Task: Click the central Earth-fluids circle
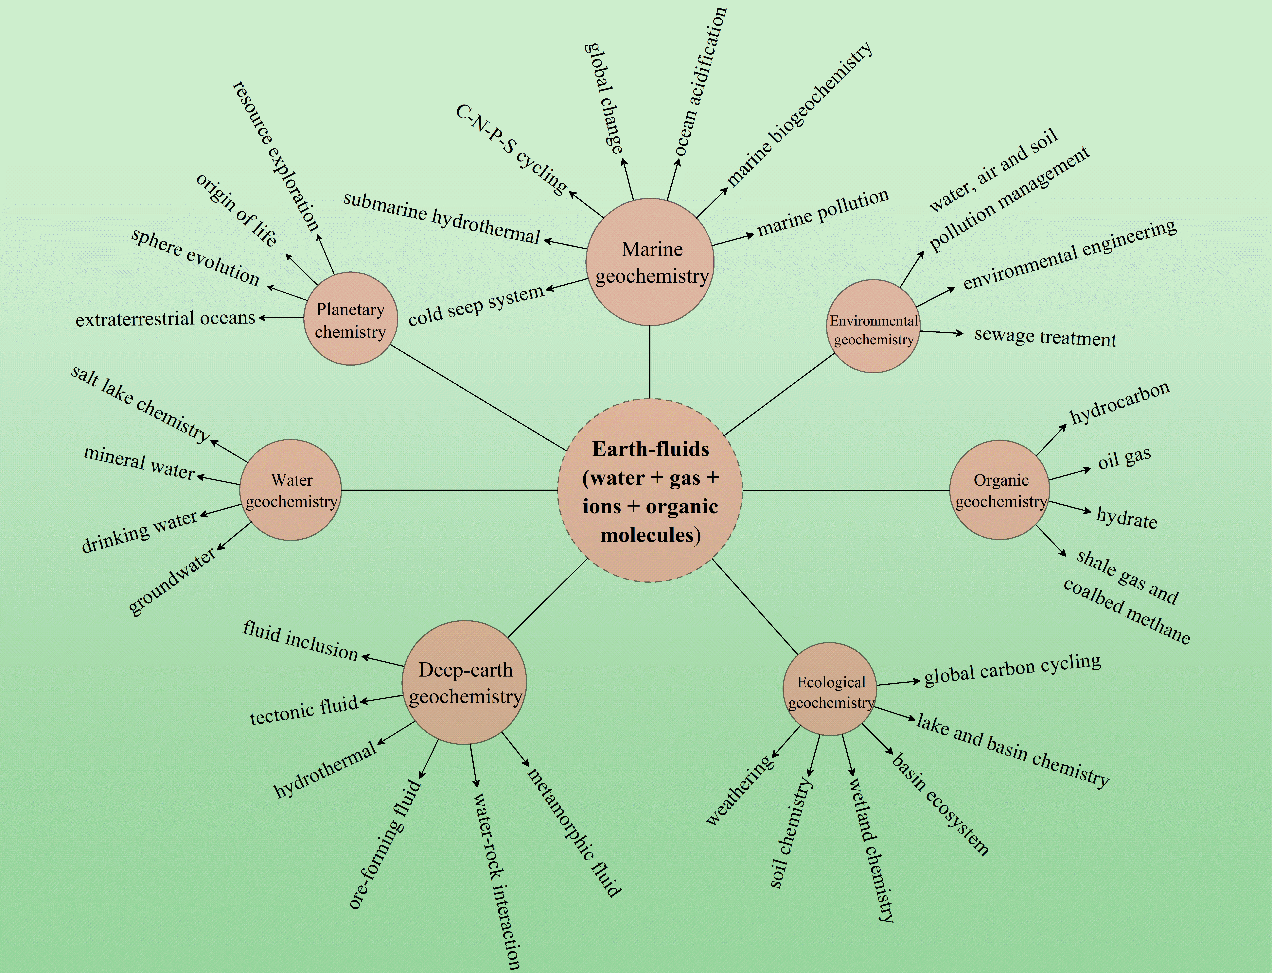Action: [x=650, y=491]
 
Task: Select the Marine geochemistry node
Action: [x=650, y=262]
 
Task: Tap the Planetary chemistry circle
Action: [x=351, y=319]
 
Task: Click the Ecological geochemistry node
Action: [x=830, y=689]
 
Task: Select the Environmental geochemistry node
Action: [x=873, y=326]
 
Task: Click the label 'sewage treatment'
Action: [x=1045, y=337]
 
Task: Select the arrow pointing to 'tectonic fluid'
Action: [x=381, y=699]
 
